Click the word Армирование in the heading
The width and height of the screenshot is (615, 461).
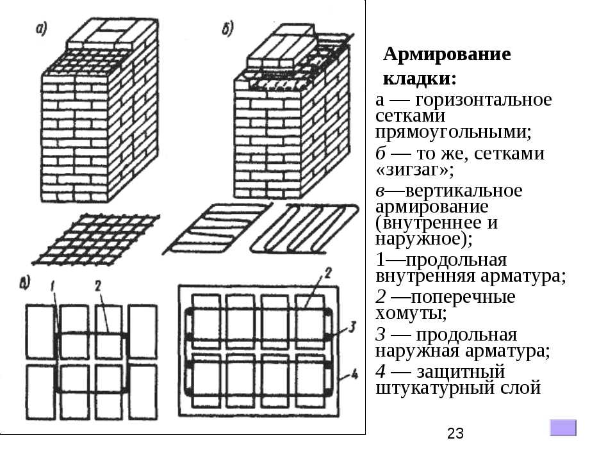447,54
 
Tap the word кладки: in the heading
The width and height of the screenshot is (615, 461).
420,79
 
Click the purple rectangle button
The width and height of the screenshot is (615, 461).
563,428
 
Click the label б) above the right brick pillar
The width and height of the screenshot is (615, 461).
228,28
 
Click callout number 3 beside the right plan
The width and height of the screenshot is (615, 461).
352,327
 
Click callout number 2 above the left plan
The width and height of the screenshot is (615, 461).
98,284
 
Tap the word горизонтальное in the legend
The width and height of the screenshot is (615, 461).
483,101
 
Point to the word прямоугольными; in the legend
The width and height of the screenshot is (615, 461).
454,133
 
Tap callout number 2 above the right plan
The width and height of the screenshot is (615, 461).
326,273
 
